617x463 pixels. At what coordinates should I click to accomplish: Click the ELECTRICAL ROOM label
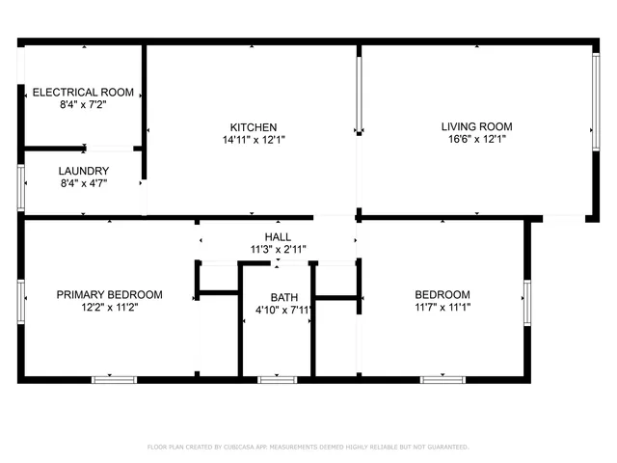pos(83,93)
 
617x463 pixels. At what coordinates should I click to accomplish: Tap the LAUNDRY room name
pos(83,170)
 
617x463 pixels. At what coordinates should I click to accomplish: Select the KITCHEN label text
pos(254,127)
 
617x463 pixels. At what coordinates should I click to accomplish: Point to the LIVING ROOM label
pos(476,126)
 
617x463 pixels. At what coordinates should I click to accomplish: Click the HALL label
pos(278,237)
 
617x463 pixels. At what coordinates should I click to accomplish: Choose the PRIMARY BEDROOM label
pos(109,295)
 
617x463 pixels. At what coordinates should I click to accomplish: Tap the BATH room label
pos(284,297)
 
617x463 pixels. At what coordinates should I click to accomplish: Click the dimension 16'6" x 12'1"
pos(476,139)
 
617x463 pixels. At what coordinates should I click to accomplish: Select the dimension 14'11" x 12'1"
pos(254,140)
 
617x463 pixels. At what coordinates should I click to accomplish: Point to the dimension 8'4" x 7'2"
pos(83,105)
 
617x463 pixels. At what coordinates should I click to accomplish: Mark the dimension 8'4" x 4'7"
pos(83,182)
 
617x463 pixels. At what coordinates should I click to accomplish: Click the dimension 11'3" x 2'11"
pos(278,250)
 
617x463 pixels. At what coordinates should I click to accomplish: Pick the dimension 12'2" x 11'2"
pos(109,308)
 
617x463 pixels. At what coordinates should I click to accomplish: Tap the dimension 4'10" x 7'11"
pos(284,310)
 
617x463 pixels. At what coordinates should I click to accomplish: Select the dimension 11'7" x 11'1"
pos(443,308)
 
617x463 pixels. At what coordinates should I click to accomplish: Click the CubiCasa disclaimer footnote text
pos(308,447)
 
